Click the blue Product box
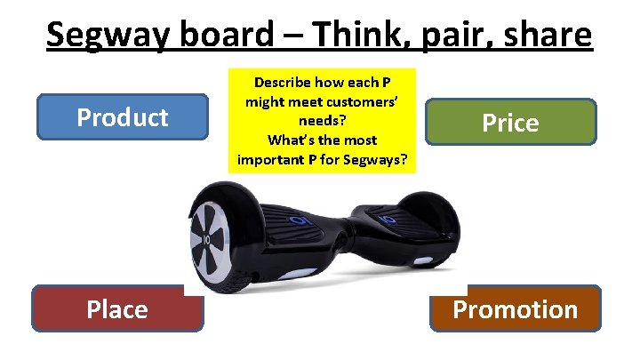(x=123, y=116)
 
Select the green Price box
(x=509, y=122)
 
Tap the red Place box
(x=117, y=308)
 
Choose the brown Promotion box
(x=515, y=308)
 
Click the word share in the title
(x=543, y=36)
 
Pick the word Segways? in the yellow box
(x=373, y=160)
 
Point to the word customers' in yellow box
(x=355, y=101)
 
